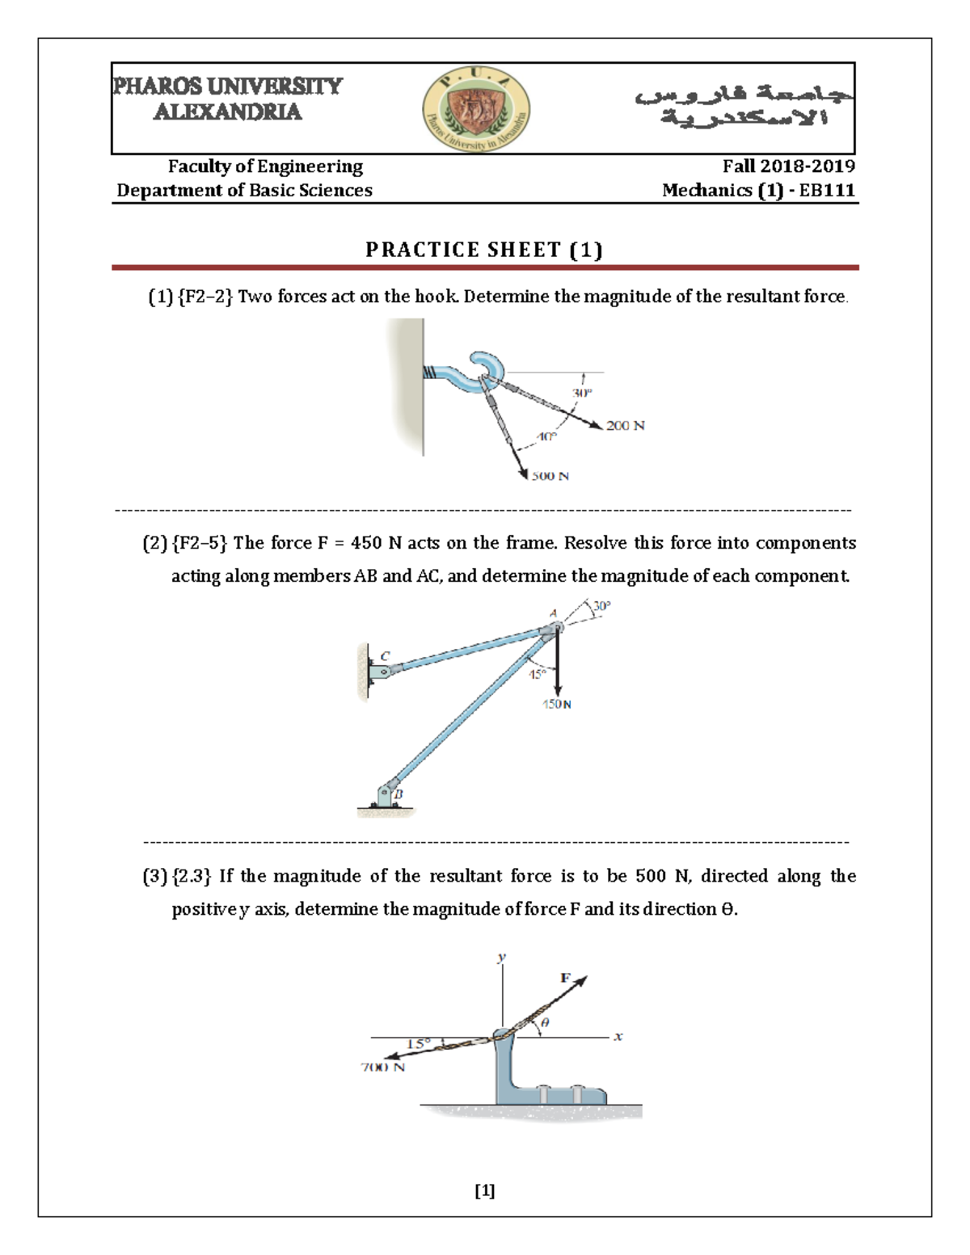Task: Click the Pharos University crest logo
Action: [x=476, y=109]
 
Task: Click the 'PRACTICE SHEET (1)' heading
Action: [x=484, y=250]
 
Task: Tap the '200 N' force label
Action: [x=625, y=426]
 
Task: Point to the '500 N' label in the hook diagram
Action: [x=550, y=476]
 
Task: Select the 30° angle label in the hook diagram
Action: [x=582, y=393]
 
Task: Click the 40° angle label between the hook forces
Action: [x=547, y=436]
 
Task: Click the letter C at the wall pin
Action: [x=385, y=655]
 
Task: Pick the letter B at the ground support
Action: [x=398, y=794]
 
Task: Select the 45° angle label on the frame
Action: [x=538, y=674]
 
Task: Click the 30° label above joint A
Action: [x=602, y=605]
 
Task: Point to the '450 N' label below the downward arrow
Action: [x=556, y=705]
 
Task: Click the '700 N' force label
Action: [x=382, y=1068]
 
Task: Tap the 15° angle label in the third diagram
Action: [x=417, y=1043]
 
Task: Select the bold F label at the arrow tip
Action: [x=566, y=978]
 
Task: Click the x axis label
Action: [x=618, y=1037]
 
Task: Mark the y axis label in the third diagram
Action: [x=502, y=957]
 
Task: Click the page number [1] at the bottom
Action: [x=485, y=1190]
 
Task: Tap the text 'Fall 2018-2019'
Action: [x=788, y=166]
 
